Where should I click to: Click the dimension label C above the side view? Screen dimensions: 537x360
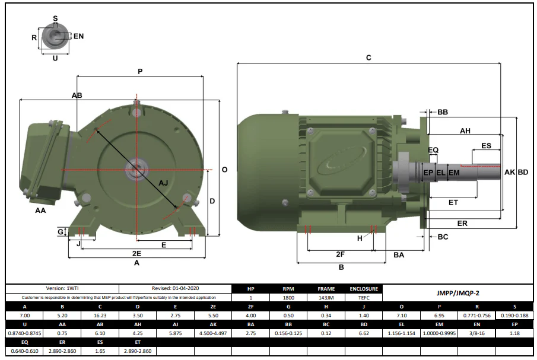pyautogui.click(x=368, y=58)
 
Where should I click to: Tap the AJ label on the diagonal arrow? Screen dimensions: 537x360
pyautogui.click(x=163, y=183)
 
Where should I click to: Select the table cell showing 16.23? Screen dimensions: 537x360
pyautogui.click(x=100, y=316)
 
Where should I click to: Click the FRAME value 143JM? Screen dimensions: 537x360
pyautogui.click(x=326, y=298)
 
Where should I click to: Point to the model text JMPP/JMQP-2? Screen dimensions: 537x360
pyautogui.click(x=458, y=293)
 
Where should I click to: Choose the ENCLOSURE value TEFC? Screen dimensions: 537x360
pyautogui.click(x=364, y=298)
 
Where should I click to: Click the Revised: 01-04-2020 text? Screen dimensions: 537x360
pyautogui.click(x=176, y=288)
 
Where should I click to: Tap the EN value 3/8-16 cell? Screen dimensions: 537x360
pyautogui.click(x=476, y=333)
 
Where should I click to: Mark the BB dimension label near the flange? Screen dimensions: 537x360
pyautogui.click(x=443, y=112)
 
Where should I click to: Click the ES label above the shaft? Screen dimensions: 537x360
pyautogui.click(x=487, y=146)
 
